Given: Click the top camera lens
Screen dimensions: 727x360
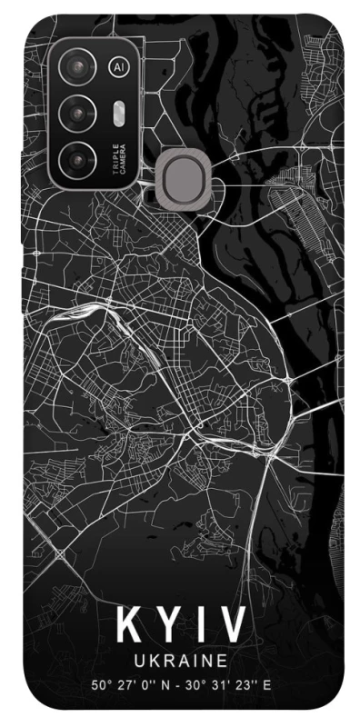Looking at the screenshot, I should (78, 67).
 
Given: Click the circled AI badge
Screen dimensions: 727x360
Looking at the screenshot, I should (118, 67).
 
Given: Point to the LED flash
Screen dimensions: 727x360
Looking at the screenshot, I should (119, 112).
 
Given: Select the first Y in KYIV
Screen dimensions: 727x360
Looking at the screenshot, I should (165, 627).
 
